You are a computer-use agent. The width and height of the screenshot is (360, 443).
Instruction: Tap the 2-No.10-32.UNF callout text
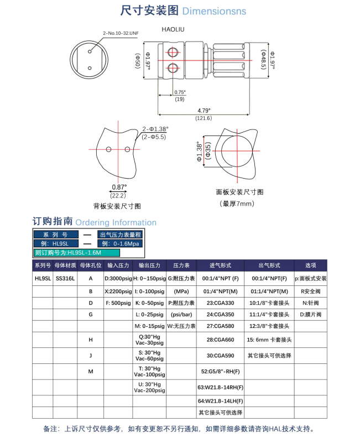[120, 34]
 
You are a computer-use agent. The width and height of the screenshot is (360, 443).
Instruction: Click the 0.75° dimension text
[180, 92]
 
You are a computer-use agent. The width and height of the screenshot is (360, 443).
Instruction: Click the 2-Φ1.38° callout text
[155, 128]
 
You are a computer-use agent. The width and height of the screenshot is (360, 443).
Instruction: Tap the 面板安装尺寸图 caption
[239, 192]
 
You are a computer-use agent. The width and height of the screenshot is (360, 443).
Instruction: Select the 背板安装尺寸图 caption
[117, 206]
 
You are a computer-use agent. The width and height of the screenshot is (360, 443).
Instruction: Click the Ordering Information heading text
[116, 222]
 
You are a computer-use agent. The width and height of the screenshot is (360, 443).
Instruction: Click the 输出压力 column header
[149, 265]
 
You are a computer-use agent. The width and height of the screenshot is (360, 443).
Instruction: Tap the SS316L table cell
[65, 278]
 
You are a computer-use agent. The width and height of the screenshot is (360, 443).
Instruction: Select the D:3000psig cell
[118, 278]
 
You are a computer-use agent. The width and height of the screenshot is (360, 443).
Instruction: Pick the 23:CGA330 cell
[221, 304]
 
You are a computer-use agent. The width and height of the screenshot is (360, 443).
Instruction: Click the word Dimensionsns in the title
[214, 11]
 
